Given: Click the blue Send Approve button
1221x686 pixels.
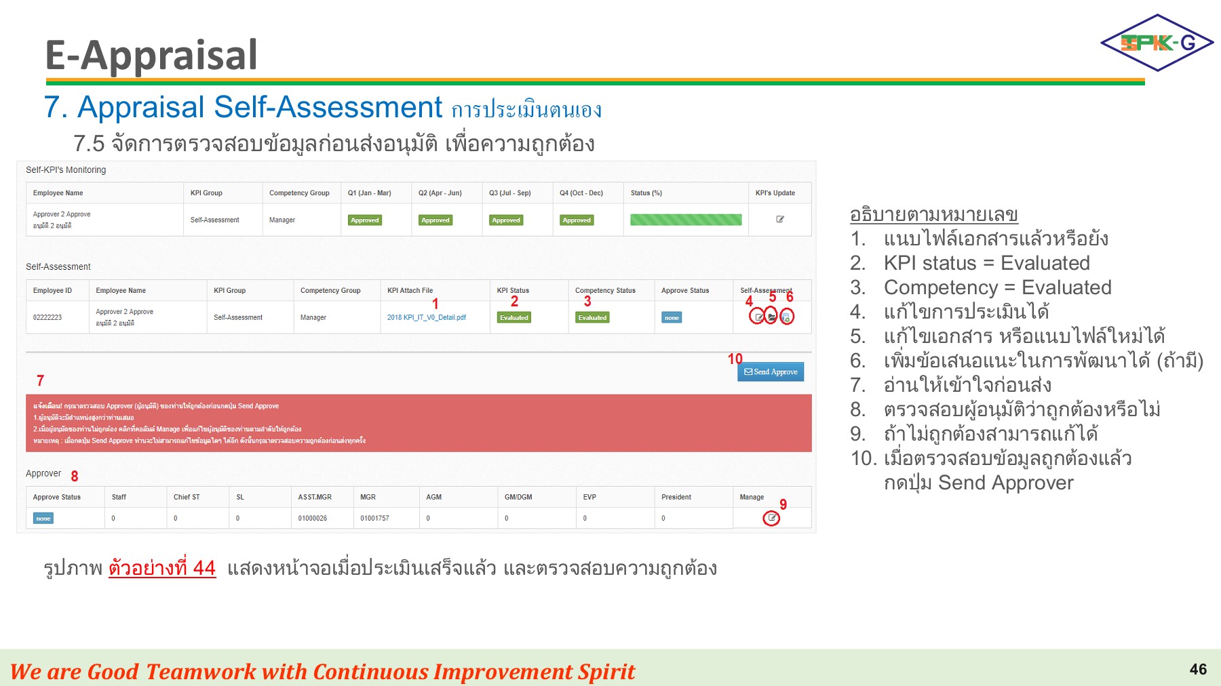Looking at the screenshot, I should (771, 371).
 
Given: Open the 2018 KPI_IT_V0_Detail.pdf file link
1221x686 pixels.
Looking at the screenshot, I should (426, 317).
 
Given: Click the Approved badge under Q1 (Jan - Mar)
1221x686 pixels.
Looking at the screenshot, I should (365, 220).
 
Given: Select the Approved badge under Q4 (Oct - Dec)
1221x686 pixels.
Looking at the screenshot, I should (577, 220).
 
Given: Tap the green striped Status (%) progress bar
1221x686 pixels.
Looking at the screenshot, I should (686, 220).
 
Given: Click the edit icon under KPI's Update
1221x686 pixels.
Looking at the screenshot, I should (780, 220).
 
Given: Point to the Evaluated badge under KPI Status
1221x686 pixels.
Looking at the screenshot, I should (514, 317).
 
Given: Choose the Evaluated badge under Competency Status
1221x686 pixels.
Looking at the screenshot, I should (593, 317).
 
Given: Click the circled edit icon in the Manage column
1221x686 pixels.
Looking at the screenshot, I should (771, 518).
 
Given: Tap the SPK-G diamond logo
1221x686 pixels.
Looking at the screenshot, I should (1157, 43).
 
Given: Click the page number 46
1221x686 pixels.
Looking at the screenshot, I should (1198, 670).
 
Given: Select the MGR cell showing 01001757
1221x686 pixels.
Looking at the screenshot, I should (374, 519).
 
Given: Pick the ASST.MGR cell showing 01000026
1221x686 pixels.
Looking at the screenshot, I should (313, 519).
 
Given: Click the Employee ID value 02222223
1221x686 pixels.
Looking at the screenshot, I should (47, 317).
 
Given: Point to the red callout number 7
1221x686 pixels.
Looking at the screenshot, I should (40, 381).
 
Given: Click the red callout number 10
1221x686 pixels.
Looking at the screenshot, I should (735, 359).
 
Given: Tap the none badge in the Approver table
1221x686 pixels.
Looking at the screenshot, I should (43, 519).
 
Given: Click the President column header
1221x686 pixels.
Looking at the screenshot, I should (676, 497).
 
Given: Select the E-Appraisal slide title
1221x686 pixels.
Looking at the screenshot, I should (151, 55).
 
